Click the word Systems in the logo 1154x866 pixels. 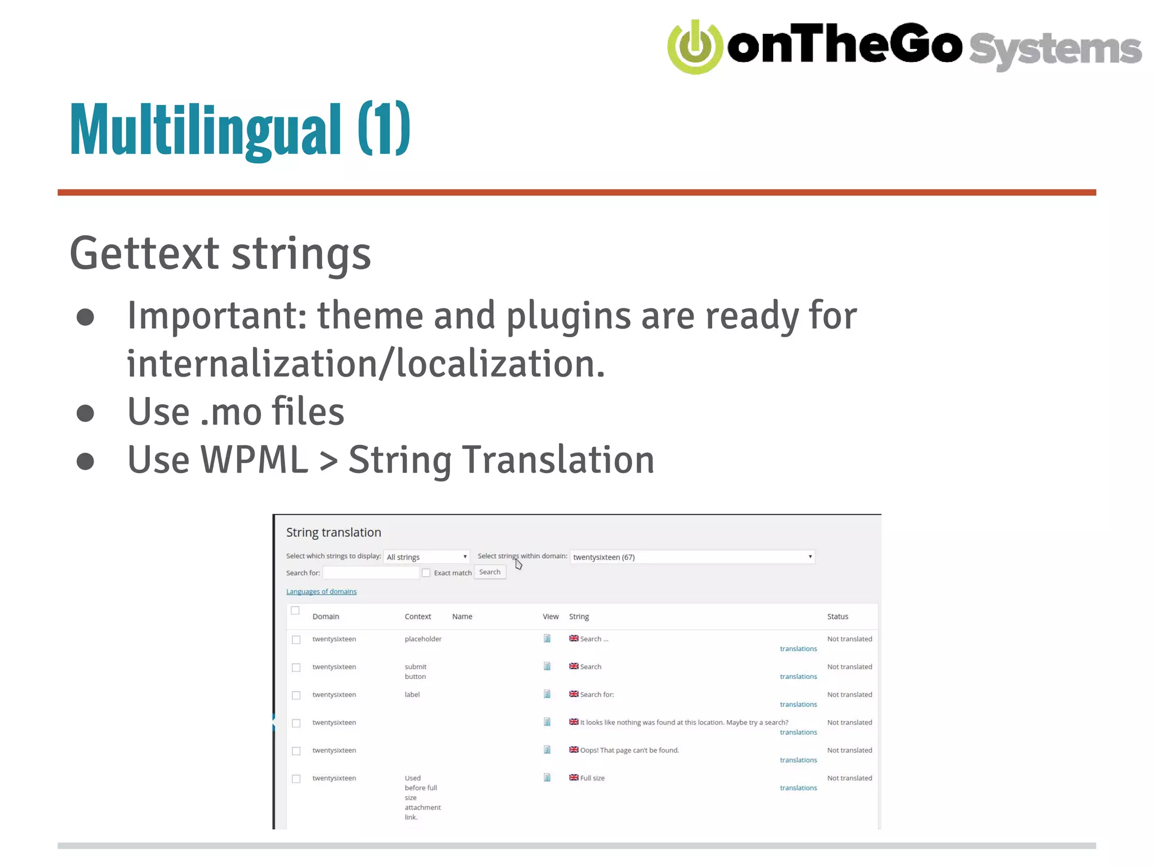coord(1055,50)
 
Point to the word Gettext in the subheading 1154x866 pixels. coord(144,253)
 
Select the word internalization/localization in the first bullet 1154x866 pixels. coord(366,364)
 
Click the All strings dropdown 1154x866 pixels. coord(427,557)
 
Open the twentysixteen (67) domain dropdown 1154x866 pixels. coord(692,557)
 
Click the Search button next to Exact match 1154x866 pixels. coord(490,572)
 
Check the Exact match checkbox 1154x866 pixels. coord(427,573)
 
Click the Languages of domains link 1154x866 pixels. coord(321,591)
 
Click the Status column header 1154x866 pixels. coord(837,616)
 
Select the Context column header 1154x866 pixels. coord(418,616)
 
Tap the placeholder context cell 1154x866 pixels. coord(423,639)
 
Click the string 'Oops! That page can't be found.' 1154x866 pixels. coord(629,750)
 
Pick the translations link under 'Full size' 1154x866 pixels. coord(798,788)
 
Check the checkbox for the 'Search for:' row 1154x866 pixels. coord(296,695)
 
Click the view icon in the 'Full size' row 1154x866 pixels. coord(547,778)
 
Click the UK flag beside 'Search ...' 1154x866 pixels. coord(574,638)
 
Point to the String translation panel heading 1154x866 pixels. coord(334,532)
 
